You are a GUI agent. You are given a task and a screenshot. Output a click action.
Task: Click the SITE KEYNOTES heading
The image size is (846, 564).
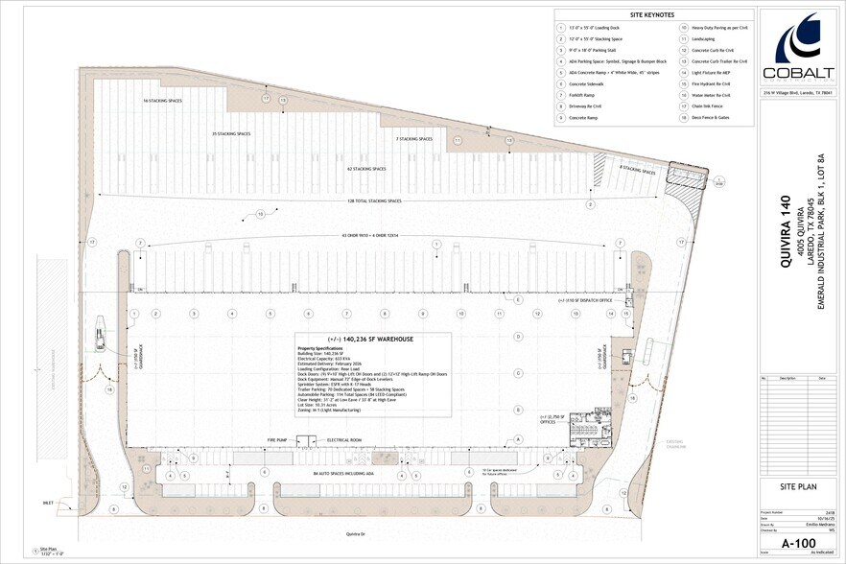(x=651, y=15)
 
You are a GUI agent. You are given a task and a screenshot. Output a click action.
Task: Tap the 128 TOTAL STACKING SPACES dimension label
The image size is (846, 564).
(x=374, y=200)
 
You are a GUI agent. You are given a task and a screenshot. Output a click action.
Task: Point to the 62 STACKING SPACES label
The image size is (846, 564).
(x=366, y=169)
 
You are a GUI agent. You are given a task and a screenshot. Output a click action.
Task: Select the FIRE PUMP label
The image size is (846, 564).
(x=276, y=439)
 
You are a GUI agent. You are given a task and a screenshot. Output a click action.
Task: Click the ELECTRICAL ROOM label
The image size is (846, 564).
(x=343, y=439)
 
